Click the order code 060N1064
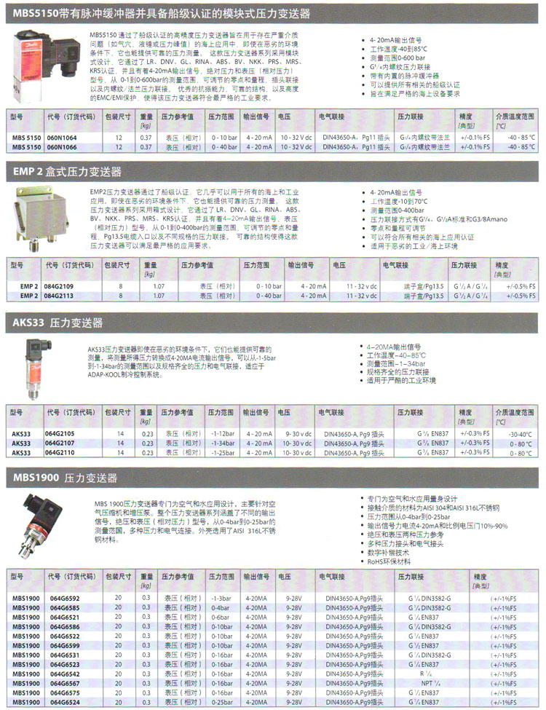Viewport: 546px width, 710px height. pyautogui.click(x=61, y=137)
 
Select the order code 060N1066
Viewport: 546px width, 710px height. pyautogui.click(x=61, y=146)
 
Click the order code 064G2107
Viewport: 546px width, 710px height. pyautogui.click(x=61, y=443)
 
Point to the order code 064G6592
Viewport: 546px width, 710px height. pyautogui.click(x=64, y=599)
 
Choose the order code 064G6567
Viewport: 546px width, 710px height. pyautogui.click(x=64, y=684)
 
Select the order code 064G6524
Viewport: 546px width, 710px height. pyautogui.click(x=64, y=703)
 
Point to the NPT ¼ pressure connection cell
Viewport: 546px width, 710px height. pyautogui.click(x=424, y=684)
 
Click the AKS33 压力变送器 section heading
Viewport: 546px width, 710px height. pyautogui.click(x=58, y=322)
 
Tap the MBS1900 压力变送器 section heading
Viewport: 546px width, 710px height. pyautogui.click(x=65, y=478)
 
